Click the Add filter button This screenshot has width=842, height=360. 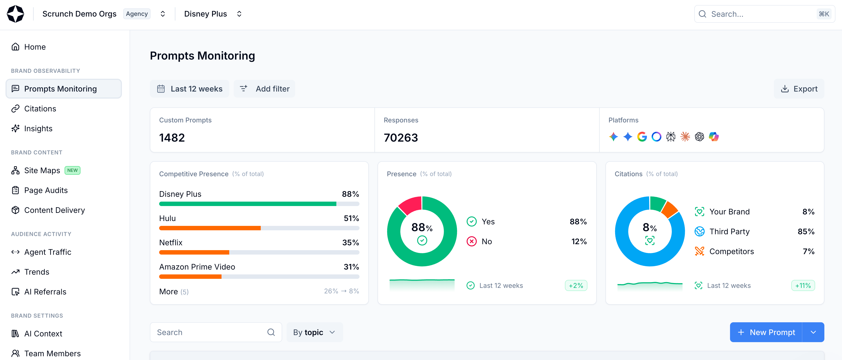[x=265, y=89]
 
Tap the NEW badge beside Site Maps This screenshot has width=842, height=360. [x=72, y=170]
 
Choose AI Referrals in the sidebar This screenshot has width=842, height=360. [x=45, y=292]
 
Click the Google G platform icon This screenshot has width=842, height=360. [x=642, y=137]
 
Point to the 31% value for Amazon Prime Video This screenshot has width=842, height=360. [x=351, y=267]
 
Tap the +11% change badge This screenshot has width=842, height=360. [x=803, y=285]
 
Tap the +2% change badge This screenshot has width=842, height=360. [x=576, y=285]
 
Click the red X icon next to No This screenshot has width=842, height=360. [x=471, y=242]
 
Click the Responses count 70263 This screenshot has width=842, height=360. [x=401, y=138]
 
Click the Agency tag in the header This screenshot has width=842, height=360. [x=137, y=14]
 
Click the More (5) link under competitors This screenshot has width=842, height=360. [x=173, y=292]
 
